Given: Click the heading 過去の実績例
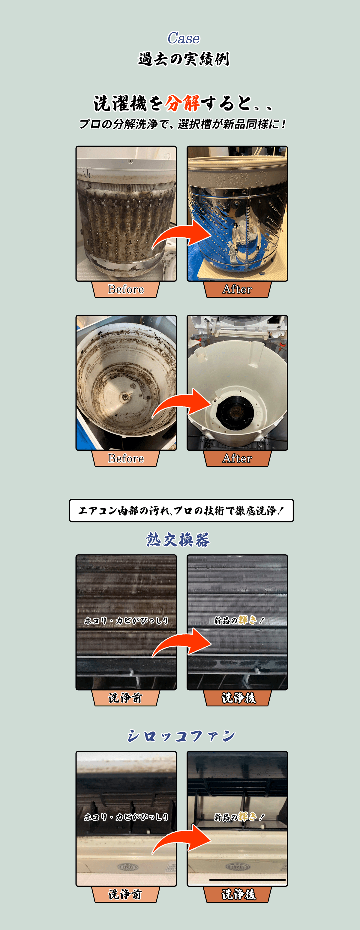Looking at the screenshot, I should point(183,59).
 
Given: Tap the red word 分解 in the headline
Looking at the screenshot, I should point(183,104).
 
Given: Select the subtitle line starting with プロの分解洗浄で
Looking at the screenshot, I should point(182,124).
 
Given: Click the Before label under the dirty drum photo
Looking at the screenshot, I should point(126,289).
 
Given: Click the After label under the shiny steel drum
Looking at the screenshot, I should point(237,289).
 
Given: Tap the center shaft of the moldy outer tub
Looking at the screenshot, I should point(125,397).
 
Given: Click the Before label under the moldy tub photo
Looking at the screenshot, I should point(126,458).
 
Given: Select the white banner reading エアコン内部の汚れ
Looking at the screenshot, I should point(181,510).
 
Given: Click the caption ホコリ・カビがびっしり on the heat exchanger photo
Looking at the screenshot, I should point(126,620).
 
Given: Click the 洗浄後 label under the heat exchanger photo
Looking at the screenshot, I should point(238,698).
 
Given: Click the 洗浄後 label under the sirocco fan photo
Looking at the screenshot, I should point(238,894).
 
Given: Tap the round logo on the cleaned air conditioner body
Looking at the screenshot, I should point(237,866).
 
